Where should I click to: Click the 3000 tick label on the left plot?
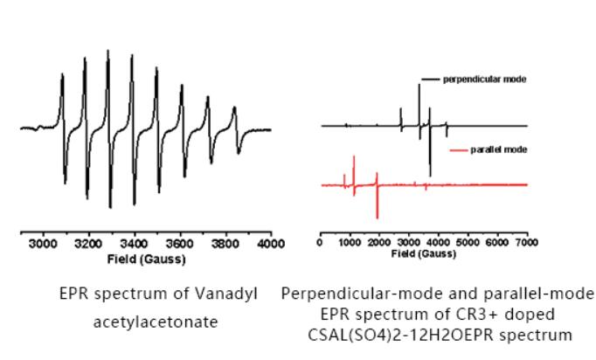pos(42,246)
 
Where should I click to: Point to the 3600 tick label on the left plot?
pos(179,246)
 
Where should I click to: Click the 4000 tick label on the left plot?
pos(272,246)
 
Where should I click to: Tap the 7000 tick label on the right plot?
pos(526,242)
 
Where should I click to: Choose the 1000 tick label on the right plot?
pos(350,242)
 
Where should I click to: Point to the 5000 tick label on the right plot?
pos(468,242)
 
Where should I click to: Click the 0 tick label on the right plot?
pos(322,242)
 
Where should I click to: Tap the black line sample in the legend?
pos(429,79)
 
